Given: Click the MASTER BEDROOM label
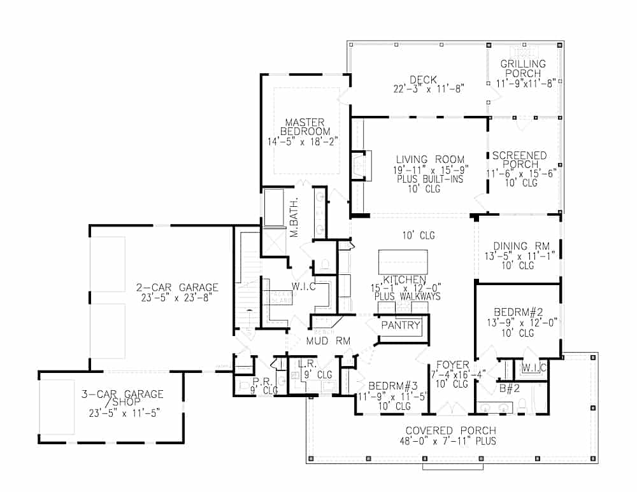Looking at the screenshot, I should [304, 127].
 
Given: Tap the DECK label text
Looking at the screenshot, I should [423, 80].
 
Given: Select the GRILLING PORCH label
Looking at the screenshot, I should [523, 69].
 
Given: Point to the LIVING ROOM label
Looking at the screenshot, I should [430, 160].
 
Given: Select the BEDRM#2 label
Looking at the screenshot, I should [518, 312].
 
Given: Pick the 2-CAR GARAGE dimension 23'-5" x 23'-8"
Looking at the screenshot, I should [178, 297].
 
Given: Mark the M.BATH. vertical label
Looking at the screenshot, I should [295, 224].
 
